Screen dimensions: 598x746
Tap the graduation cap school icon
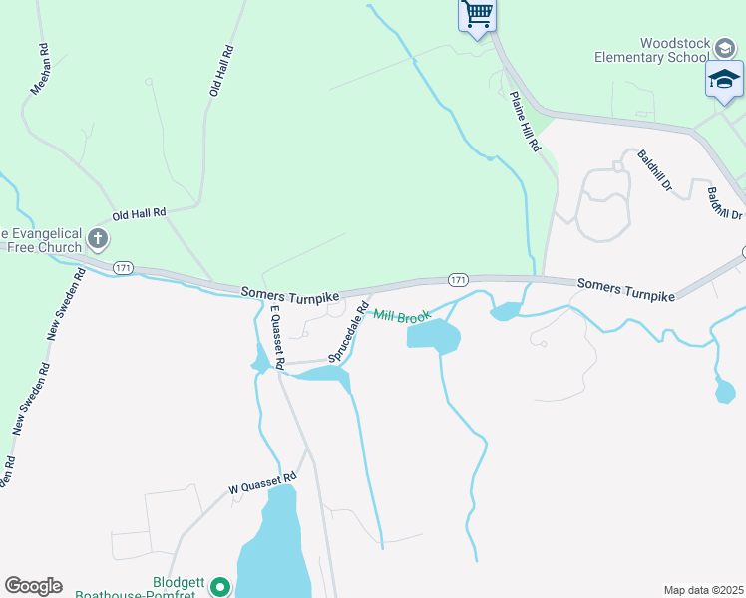(x=724, y=78)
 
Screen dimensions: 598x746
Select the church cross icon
(x=97, y=238)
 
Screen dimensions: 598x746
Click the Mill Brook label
(x=402, y=316)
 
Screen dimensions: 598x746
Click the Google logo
(x=33, y=586)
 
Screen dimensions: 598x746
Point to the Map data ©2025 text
(x=704, y=590)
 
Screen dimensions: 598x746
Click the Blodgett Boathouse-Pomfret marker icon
(x=220, y=588)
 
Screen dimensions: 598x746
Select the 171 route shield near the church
(x=123, y=268)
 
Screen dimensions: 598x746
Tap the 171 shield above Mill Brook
(x=457, y=280)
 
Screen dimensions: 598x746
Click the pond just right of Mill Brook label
(x=434, y=337)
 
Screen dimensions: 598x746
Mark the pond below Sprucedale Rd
(x=324, y=375)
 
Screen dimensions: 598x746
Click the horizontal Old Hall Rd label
(x=139, y=213)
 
